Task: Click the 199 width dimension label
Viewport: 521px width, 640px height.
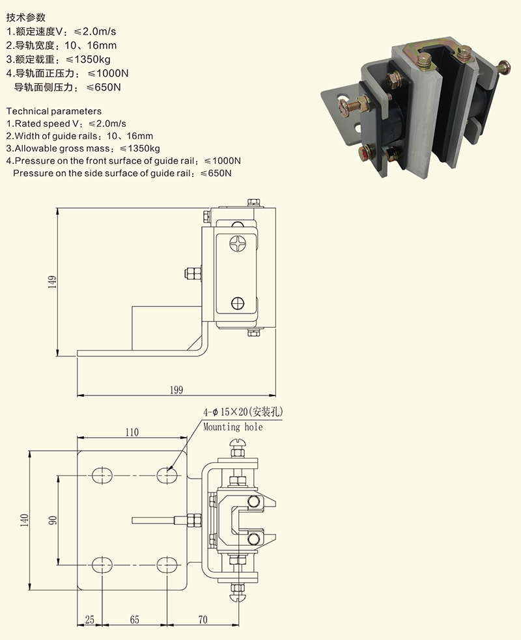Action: coord(176,390)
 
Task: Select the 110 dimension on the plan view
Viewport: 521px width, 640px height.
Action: coord(132,432)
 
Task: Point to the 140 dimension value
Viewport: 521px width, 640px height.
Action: coord(25,520)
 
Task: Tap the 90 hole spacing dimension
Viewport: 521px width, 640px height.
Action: coord(53,520)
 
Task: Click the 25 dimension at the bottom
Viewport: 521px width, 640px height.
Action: coord(89,620)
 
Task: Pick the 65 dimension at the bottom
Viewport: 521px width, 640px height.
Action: coord(134,620)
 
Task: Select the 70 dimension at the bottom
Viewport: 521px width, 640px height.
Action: coord(203,620)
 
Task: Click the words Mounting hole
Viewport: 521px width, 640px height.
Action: coord(232,427)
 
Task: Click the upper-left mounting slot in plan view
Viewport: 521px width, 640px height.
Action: coord(100,476)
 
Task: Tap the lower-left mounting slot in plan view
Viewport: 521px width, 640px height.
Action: coord(100,564)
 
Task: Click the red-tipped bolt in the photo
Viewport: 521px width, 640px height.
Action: coord(365,153)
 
